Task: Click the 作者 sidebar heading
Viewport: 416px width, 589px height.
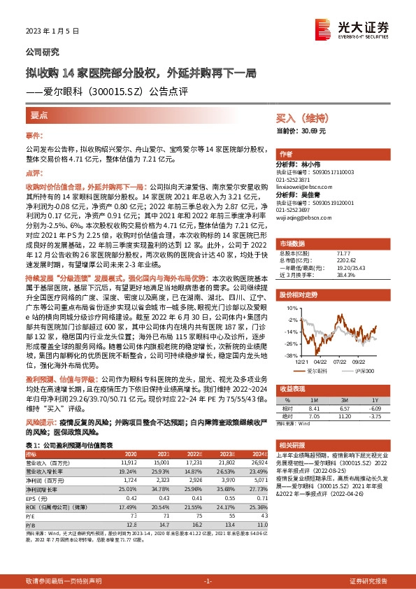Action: pyautogui.click(x=285, y=154)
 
